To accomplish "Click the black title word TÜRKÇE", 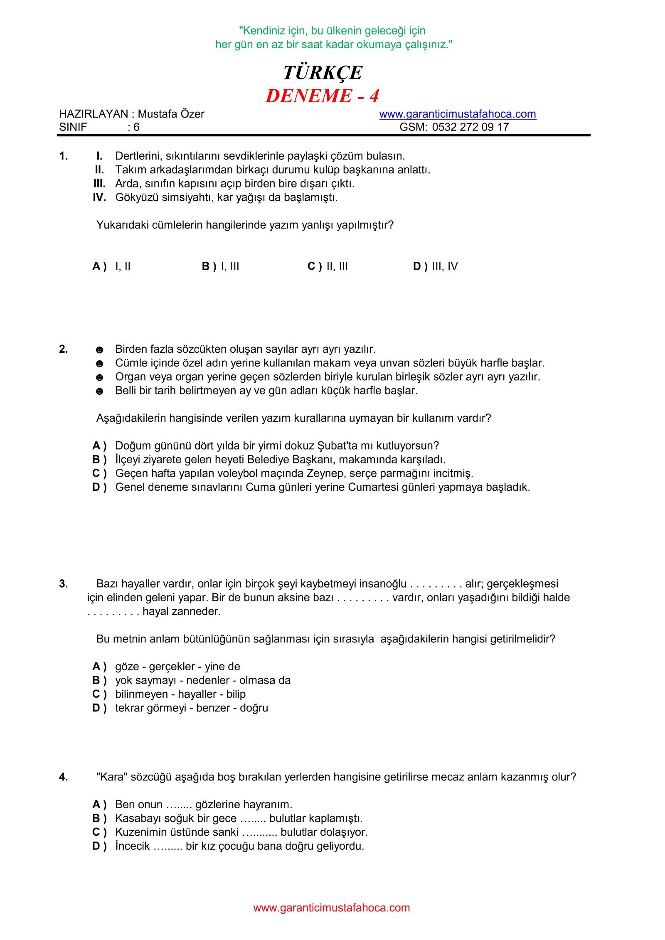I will tap(323, 73).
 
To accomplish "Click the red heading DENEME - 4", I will tap(322, 96).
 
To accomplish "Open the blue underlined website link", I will tap(457, 114).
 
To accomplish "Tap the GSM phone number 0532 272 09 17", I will tap(470, 127).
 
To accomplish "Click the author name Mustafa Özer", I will tap(171, 114).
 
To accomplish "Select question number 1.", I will tap(64, 156).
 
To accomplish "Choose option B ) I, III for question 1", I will tap(220, 266).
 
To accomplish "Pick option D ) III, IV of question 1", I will tap(435, 266).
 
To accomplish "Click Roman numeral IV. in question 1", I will tap(99, 197).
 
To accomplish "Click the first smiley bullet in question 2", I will tap(99, 350).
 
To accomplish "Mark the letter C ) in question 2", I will tap(99, 473).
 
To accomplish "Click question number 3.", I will tap(64, 584).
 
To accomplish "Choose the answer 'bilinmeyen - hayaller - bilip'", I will tap(180, 694).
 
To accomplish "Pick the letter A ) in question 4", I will tap(99, 805).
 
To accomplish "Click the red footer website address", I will tap(331, 908).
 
